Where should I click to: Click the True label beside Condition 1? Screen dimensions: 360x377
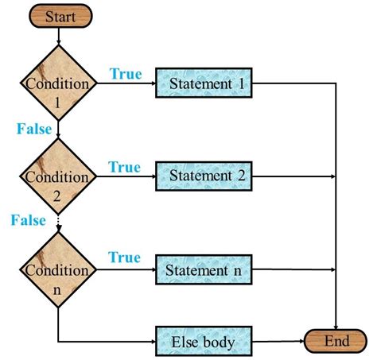point(125,74)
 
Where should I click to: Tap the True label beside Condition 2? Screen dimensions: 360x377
point(125,167)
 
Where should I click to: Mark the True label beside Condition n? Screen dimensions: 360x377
point(125,258)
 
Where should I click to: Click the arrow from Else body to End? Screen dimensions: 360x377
point(278,343)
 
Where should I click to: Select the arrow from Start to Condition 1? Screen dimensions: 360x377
point(60,36)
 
